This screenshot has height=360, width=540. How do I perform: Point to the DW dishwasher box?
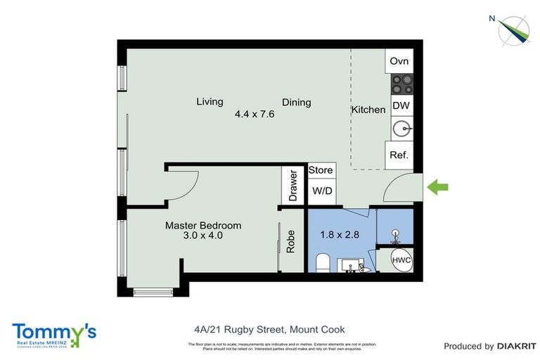click(400, 106)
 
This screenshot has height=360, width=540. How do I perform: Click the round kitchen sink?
click(401, 129)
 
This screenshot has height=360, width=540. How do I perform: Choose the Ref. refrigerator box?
click(399, 155)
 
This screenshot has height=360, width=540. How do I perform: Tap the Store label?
click(321, 170)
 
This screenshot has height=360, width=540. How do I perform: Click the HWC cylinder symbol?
click(401, 260)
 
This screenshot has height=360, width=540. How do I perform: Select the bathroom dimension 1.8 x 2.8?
click(340, 235)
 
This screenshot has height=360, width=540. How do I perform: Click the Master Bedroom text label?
click(203, 226)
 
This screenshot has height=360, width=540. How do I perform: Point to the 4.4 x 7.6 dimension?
click(254, 113)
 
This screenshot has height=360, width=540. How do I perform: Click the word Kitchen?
click(368, 110)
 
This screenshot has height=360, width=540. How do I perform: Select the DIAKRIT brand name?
click(517, 346)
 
